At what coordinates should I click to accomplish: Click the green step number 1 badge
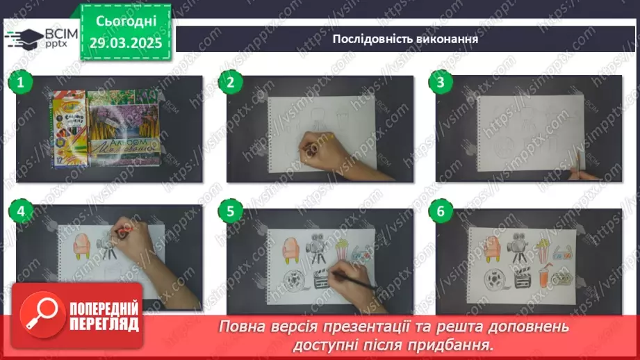coord(21,83)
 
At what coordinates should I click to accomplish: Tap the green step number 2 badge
coord(231,83)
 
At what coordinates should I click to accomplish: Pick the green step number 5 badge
coord(231,212)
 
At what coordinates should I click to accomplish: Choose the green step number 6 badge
coord(441,212)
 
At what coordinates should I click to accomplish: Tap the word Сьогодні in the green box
coord(125,22)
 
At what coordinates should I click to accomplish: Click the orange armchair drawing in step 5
coord(292,249)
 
